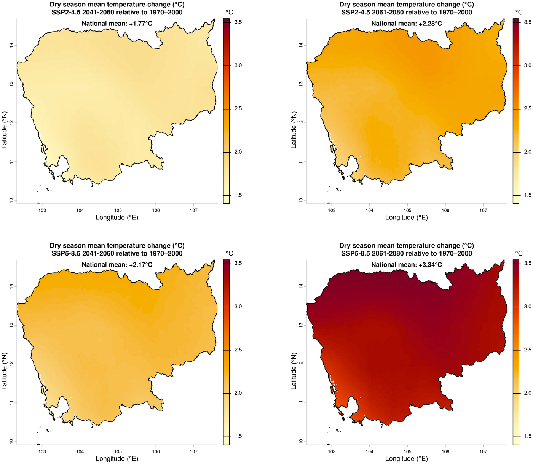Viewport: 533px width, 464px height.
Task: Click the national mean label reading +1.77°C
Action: (x=117, y=24)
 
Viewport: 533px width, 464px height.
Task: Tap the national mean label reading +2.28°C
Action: (x=407, y=24)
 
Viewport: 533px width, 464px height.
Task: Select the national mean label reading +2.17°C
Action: (x=117, y=265)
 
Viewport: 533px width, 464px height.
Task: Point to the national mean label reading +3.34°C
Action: (x=407, y=265)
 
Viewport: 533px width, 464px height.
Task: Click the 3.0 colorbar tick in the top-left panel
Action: (x=238, y=65)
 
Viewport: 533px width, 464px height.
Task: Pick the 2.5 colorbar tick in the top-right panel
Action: (x=527, y=109)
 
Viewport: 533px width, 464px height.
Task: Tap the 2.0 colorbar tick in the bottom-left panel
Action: (x=238, y=393)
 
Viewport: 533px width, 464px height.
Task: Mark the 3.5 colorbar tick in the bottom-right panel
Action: (x=527, y=263)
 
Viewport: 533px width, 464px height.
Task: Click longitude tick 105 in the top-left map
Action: (x=118, y=210)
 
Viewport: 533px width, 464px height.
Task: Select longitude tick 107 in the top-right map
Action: (x=483, y=210)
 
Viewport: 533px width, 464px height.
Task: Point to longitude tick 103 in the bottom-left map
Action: (x=42, y=451)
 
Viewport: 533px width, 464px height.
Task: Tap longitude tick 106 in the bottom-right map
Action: (x=445, y=451)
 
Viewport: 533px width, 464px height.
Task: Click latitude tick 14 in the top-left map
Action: (x=11, y=45)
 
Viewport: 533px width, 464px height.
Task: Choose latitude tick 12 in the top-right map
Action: (x=301, y=122)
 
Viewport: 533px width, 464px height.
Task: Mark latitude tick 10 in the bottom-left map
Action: (x=11, y=442)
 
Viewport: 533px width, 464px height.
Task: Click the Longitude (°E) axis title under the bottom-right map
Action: (x=407, y=459)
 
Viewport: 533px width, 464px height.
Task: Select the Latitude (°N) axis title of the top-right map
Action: (x=294, y=130)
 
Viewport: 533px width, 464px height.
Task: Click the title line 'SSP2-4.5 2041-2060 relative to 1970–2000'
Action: (x=117, y=12)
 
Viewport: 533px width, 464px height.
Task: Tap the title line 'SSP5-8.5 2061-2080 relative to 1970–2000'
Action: (x=407, y=253)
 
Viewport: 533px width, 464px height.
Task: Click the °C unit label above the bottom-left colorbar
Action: (x=229, y=253)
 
